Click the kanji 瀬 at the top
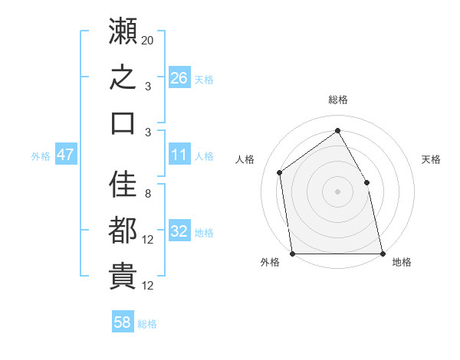coord(123,31)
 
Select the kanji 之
coord(123,77)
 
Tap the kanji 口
coord(123,123)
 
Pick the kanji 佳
coord(123,184)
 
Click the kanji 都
coord(123,230)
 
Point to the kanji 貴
coord(123,276)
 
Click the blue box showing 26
coord(179,77)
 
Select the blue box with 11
coord(179,154)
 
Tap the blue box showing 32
coord(179,230)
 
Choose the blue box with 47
coord(66,154)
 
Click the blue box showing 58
coord(123,321)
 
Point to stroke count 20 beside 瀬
coord(147,41)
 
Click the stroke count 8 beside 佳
coord(148,194)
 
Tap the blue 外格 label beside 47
coord(41,156)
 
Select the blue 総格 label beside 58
coord(147,324)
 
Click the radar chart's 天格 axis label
coord(431,159)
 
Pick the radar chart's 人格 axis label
coord(245,159)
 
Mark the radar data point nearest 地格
coord(383,254)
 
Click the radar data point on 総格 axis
coord(337,130)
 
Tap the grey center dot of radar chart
coord(337,191)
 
